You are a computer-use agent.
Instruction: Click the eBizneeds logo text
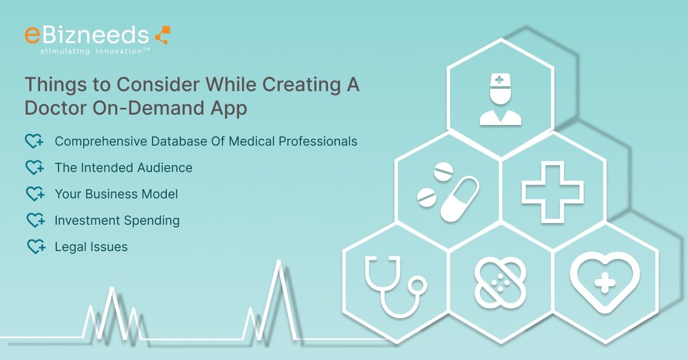87,35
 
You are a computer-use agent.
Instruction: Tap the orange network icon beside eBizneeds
163,35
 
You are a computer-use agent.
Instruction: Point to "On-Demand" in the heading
148,108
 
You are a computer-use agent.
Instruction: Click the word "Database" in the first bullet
179,142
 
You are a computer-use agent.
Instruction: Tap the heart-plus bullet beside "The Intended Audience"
34,168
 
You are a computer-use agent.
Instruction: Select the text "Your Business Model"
116,194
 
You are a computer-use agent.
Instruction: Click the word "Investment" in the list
87,221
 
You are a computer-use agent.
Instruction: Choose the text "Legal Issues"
91,247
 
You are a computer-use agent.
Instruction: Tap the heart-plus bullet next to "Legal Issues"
36,247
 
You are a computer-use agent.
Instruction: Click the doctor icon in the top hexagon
501,99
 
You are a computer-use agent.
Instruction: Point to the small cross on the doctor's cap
499,80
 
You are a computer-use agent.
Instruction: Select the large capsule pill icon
460,198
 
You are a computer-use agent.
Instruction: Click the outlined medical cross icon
553,192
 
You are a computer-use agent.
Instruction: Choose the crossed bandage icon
501,283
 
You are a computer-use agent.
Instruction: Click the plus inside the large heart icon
605,283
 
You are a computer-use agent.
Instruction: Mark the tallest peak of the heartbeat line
279,261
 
